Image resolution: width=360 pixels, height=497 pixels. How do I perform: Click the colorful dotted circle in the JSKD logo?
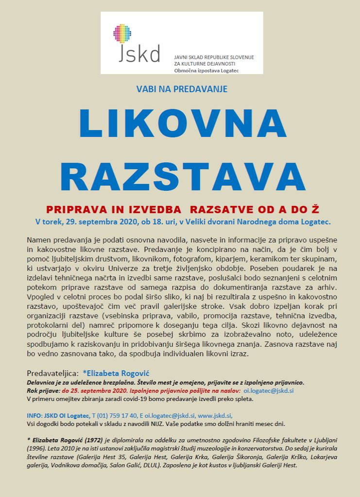click(x=122, y=33)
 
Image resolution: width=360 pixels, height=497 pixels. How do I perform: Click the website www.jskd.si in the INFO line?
click(x=215, y=415)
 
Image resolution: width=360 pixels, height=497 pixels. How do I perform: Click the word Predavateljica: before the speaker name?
click(x=52, y=373)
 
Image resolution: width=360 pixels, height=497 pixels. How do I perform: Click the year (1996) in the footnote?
click(x=38, y=448)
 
